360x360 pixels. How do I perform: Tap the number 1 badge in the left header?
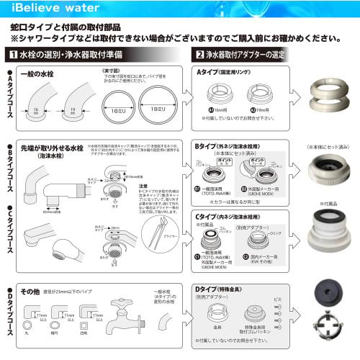pos(14,55)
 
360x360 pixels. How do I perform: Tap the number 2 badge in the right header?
pos(200,55)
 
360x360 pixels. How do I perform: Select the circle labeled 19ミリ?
pos(158,102)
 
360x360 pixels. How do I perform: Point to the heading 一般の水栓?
pos(39,73)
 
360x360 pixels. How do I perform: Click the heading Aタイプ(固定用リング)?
pos(227,73)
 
